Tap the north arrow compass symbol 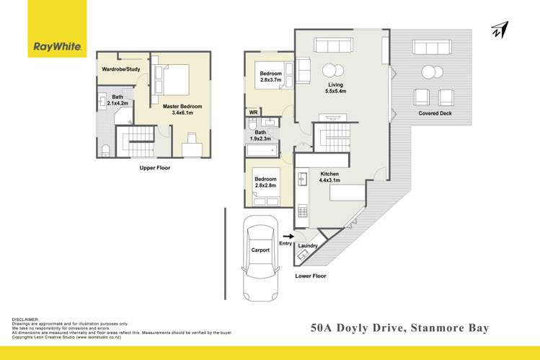click(500, 30)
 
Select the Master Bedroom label click(182, 110)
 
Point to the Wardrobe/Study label click(122, 69)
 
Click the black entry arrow click(288, 235)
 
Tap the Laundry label click(308, 246)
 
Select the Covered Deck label click(435, 114)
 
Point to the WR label click(253, 113)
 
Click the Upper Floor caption click(154, 167)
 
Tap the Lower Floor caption click(311, 276)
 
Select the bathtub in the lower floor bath click(262, 151)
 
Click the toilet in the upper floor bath click(106, 149)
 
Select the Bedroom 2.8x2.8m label click(265, 182)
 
